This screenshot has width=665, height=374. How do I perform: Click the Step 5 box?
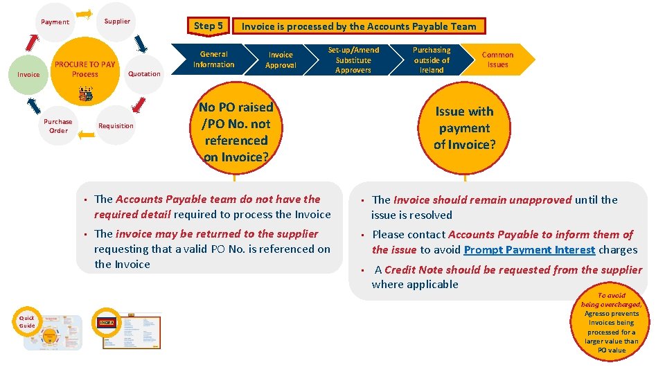[x=209, y=26]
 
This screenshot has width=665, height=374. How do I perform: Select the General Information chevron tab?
[x=213, y=60]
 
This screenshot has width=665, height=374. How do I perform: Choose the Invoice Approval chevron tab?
[x=281, y=60]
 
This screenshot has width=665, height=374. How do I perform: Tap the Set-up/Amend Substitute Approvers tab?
[x=353, y=60]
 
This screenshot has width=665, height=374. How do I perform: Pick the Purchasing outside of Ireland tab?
[x=432, y=60]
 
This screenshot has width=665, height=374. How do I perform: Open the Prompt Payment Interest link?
[x=529, y=250]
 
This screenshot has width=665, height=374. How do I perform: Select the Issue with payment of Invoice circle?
[x=464, y=128]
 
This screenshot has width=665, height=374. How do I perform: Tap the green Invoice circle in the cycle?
[x=28, y=74]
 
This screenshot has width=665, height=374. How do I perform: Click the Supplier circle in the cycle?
[x=117, y=21]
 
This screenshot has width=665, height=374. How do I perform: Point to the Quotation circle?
[x=144, y=74]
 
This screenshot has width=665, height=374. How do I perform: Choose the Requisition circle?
[x=116, y=126]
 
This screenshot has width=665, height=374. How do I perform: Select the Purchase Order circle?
[x=58, y=126]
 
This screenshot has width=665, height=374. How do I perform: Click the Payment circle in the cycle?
[x=55, y=22]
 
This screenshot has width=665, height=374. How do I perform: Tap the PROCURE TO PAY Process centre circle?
[x=85, y=70]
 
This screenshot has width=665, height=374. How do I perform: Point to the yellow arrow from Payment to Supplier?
[x=85, y=14]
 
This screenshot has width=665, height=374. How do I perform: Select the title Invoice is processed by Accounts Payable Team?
[x=359, y=26]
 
